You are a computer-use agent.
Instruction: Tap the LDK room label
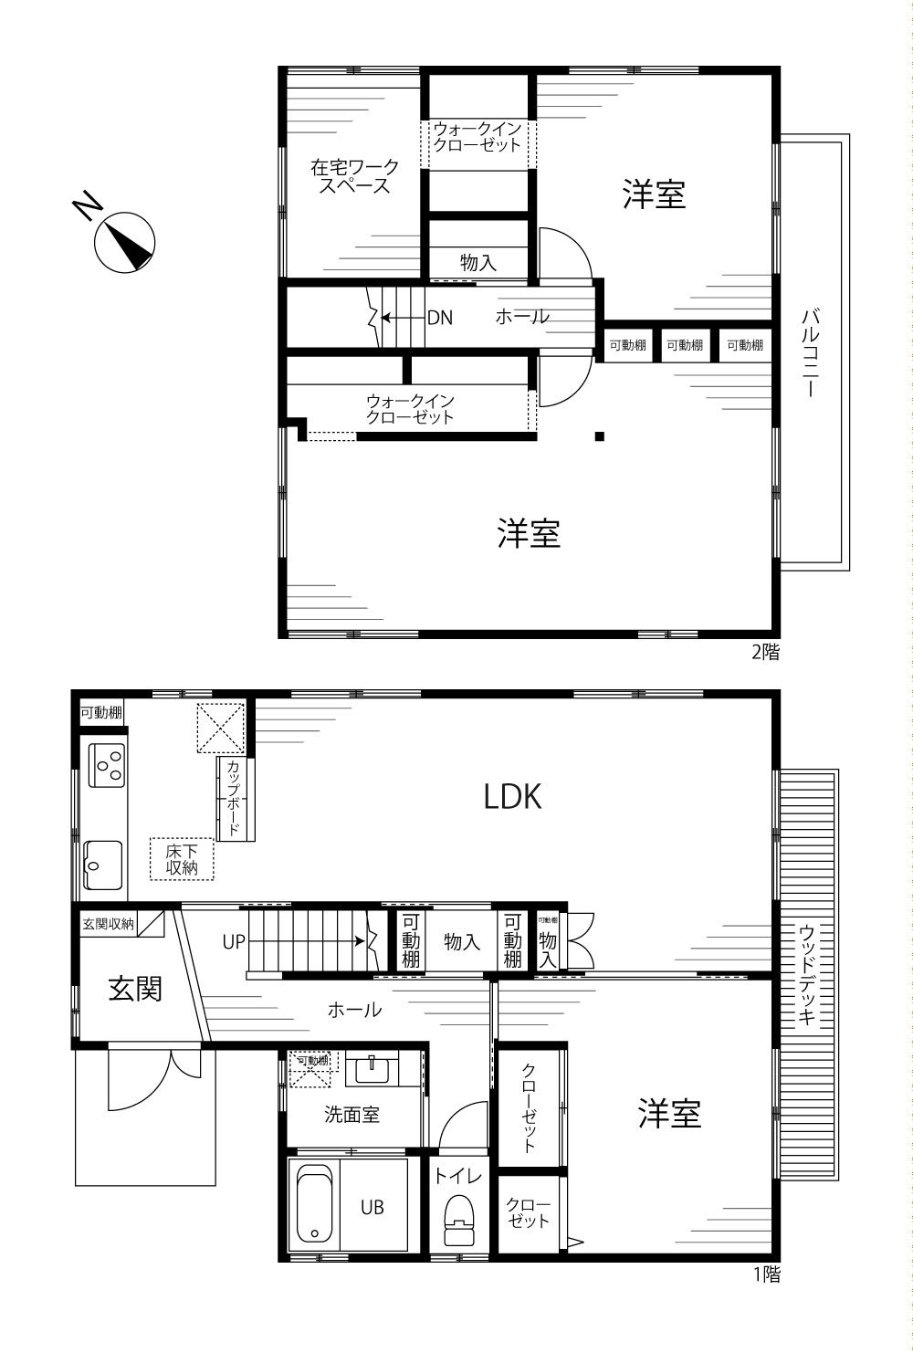(x=512, y=797)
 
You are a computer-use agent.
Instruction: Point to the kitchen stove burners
(x=107, y=765)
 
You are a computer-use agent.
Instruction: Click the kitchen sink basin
(x=102, y=865)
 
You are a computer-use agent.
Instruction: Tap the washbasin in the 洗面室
(x=373, y=1070)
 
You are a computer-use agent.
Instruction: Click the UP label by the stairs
(x=234, y=941)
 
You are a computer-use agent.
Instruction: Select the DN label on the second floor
(x=439, y=318)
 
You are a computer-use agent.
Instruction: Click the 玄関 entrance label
(x=135, y=990)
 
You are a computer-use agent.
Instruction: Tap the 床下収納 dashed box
(x=182, y=859)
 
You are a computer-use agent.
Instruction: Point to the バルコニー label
(x=810, y=352)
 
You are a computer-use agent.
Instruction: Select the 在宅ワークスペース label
(x=354, y=176)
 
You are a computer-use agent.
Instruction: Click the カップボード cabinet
(x=235, y=798)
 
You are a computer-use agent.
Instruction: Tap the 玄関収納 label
(x=108, y=924)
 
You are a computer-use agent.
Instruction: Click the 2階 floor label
(x=765, y=652)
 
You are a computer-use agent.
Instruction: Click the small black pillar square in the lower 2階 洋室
(x=600, y=436)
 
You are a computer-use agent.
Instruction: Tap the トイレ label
(x=458, y=1175)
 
